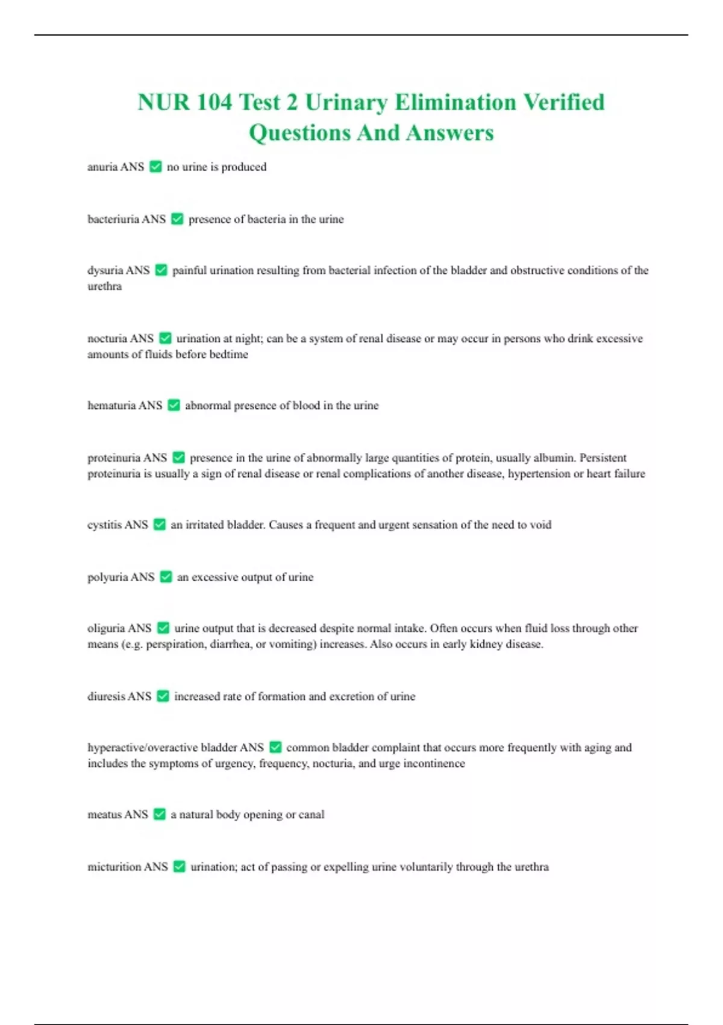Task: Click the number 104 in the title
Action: pos(214,102)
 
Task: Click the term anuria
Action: pos(102,167)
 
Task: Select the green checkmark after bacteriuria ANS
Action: pos(177,219)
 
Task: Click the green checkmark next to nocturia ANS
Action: pos(165,338)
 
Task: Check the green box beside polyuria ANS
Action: pos(166,577)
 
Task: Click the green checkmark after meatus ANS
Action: pos(160,815)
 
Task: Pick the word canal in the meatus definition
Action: pos(311,815)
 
